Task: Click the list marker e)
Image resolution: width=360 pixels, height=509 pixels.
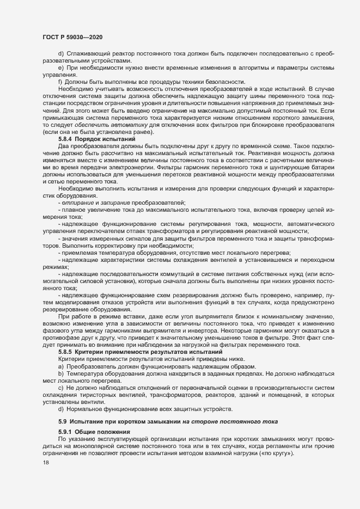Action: click(61, 67)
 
